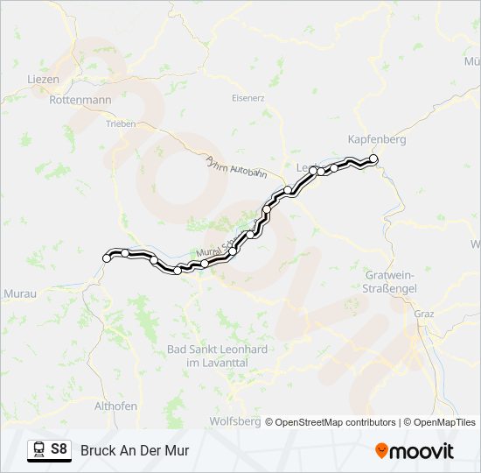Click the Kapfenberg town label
pos(377,139)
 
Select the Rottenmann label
pos(80,100)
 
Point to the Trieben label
pos(120,124)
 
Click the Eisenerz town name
pos(247,98)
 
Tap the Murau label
pos(20,293)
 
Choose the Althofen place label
pos(115,406)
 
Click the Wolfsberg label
pos(234,421)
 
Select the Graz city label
pos(424,313)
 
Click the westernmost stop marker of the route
pos(108,258)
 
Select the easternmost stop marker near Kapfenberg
pos(373,159)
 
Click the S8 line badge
pos(59,449)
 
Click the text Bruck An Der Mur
pos(135,450)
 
